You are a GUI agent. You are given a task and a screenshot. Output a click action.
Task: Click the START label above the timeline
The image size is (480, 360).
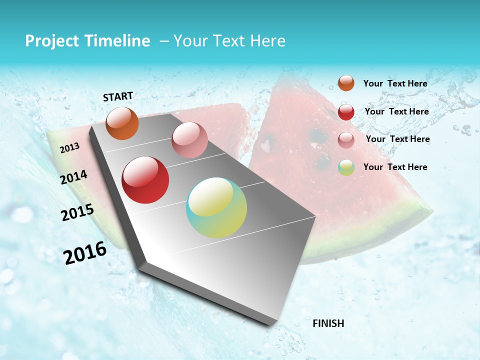point(118,96)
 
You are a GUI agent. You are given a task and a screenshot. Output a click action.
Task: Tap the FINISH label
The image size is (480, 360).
point(328,323)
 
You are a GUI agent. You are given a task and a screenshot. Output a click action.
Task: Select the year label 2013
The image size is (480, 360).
point(70,147)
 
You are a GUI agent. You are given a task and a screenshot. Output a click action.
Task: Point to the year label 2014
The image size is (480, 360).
point(74,177)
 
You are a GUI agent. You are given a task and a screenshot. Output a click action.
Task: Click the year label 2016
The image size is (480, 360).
point(85,252)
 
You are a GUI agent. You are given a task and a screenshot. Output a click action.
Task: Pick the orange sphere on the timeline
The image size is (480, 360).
point(122,123)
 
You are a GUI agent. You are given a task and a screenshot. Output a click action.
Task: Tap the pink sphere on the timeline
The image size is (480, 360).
point(189,140)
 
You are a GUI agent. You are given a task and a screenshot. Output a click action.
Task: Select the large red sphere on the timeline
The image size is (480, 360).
point(145,180)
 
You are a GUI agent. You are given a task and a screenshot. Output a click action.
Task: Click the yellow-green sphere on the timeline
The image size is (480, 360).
point(216,207)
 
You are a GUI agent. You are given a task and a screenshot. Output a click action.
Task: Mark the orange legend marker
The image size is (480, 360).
point(346,83)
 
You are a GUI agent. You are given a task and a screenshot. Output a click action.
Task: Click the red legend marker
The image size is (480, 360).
point(346,112)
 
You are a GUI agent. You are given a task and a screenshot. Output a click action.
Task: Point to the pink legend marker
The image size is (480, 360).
point(346,140)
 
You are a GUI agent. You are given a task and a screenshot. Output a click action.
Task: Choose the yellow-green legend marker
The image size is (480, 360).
point(346,167)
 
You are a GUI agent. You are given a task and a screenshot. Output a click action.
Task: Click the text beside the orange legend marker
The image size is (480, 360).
point(395,83)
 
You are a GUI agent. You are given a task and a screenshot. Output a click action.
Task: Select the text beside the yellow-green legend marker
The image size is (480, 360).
point(395,167)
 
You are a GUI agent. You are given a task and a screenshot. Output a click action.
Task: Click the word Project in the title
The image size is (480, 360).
point(52,41)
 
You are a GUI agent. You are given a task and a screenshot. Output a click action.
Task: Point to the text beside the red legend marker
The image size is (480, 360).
point(396,111)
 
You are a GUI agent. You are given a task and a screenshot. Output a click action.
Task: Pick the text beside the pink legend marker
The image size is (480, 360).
point(397,139)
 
